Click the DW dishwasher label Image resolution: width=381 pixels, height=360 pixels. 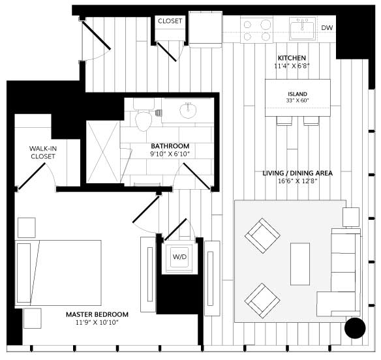(327, 27)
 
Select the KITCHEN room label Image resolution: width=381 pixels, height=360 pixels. (292, 58)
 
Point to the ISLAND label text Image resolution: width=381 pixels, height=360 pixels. (297, 94)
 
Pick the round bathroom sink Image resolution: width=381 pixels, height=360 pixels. (188, 110)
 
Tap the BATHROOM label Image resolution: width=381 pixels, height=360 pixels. (170, 146)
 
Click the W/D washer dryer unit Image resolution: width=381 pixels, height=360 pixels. (179, 258)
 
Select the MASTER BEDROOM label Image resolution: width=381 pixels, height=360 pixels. (97, 314)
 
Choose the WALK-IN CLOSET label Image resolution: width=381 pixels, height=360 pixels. (42, 153)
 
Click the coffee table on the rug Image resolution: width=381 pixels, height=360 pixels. (300, 264)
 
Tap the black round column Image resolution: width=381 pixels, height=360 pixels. (355, 327)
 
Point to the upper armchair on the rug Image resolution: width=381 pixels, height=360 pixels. (262, 235)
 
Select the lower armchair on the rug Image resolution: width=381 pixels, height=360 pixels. (262, 301)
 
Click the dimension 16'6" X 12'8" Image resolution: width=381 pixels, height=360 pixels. (297, 181)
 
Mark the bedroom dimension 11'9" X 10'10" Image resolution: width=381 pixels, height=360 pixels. (97, 322)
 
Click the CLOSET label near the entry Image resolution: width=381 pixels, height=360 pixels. (170, 21)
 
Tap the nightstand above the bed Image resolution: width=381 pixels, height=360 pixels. (27, 228)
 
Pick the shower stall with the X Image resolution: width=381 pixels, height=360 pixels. (103, 152)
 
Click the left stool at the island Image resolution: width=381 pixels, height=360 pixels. (284, 121)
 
